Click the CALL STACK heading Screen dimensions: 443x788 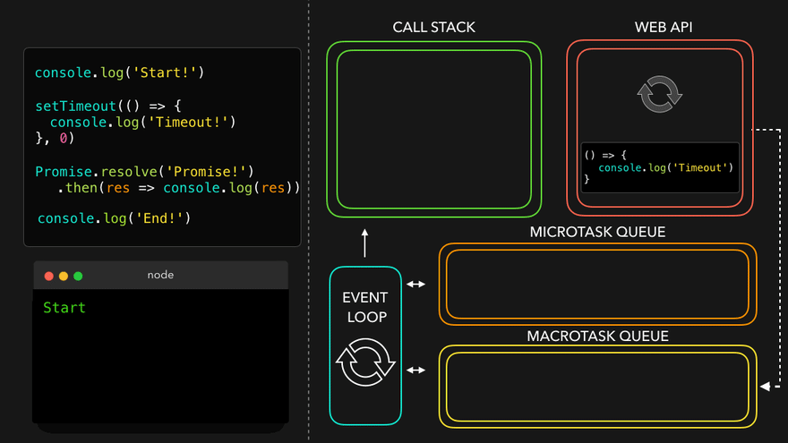(433, 28)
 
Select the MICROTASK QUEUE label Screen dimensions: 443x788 (597, 233)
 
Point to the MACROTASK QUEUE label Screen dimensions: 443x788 (597, 337)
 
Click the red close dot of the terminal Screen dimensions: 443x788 (48, 276)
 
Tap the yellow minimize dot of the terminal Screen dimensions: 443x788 (63, 276)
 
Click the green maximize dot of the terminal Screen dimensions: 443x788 (78, 276)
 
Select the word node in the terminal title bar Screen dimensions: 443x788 (160, 275)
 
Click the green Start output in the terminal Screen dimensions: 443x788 (64, 308)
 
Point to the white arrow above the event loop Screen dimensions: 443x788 (365, 242)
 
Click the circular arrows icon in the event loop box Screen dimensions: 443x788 (365, 362)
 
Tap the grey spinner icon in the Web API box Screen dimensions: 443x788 (659, 94)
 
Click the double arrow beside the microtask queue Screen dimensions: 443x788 (416, 285)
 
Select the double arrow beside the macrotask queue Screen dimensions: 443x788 (416, 369)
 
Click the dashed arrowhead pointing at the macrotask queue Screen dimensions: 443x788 (764, 387)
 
